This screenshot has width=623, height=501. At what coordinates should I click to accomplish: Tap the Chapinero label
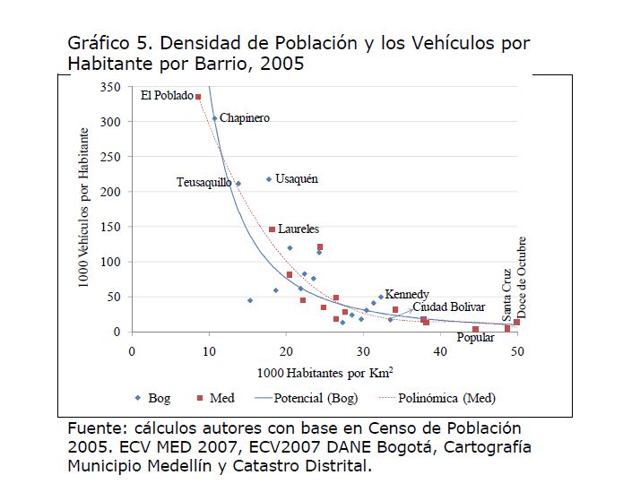245,117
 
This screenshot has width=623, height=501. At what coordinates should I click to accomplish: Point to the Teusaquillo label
203,183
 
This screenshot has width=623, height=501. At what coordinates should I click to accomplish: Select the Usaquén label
297,178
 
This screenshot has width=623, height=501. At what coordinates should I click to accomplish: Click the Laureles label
299,229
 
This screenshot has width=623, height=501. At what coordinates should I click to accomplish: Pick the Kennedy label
407,294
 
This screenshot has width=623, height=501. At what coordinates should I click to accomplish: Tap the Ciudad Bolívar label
449,307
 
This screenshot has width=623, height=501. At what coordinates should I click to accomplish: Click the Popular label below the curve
475,338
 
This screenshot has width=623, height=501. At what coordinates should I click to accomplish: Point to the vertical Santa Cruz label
506,295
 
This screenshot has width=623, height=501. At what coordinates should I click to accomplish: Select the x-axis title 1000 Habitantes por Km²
324,372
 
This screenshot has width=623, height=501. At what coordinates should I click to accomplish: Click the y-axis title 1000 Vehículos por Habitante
83,208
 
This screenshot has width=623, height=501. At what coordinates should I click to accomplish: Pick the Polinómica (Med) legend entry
446,397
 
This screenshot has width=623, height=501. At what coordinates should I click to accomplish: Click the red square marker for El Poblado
198,97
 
